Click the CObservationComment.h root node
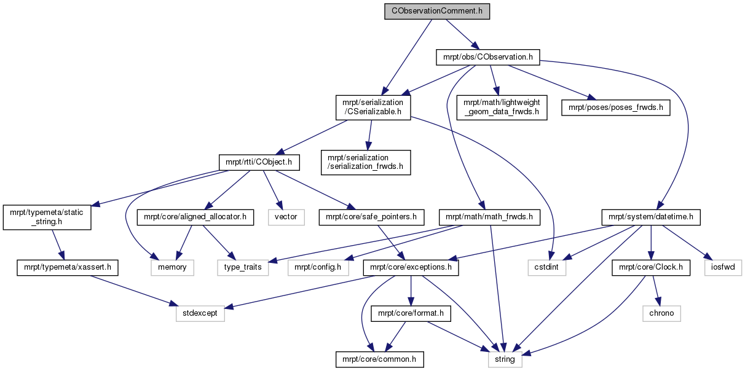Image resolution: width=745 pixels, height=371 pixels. point(437,11)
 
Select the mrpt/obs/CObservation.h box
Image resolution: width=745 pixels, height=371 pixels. point(487,57)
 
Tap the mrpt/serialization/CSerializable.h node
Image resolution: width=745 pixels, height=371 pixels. point(373,107)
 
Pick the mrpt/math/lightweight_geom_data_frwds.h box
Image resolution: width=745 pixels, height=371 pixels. point(502,107)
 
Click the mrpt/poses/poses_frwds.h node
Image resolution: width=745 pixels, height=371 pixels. point(616,107)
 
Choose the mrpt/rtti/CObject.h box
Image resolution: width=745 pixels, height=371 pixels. point(259,162)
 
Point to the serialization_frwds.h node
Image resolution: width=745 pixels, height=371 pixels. point(366,162)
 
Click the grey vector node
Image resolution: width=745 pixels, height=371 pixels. point(286,217)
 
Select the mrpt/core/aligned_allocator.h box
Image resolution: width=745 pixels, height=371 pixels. point(195,217)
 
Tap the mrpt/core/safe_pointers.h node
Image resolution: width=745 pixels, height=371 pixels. point(371,217)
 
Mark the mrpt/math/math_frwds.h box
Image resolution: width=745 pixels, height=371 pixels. point(489,217)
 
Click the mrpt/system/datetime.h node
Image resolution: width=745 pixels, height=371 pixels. point(651,217)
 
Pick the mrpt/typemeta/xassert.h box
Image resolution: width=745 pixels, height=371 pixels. point(68,267)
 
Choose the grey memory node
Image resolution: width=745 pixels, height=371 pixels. point(172,267)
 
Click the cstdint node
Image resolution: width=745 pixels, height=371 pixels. point(546,267)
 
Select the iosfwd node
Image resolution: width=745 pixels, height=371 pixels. point(723,267)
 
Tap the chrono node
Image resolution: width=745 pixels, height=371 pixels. point(661,313)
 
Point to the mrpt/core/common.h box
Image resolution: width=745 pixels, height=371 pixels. point(379,359)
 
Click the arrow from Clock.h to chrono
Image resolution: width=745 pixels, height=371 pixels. point(655,291)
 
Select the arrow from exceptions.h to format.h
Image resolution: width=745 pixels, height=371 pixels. point(411,291)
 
